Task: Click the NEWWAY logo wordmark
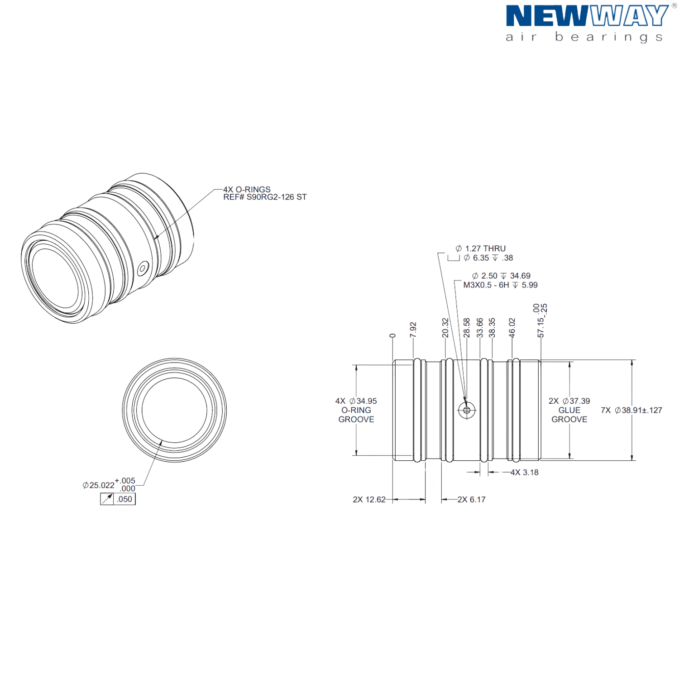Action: pyautogui.click(x=587, y=16)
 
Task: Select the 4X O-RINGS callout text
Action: pyautogui.click(x=247, y=189)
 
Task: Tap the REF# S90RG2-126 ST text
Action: pyautogui.click(x=265, y=197)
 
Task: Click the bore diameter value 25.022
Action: pyautogui.click(x=102, y=485)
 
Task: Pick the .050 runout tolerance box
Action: pyautogui.click(x=118, y=499)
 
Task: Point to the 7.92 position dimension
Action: pyautogui.click(x=413, y=330)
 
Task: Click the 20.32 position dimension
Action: pyautogui.click(x=445, y=328)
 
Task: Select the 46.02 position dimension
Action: pyautogui.click(x=512, y=328)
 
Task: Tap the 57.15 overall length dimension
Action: pyautogui.click(x=540, y=327)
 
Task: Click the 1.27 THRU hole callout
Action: pyautogui.click(x=480, y=249)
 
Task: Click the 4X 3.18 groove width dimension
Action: pyautogui.click(x=525, y=472)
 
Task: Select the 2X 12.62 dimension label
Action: pyautogui.click(x=369, y=499)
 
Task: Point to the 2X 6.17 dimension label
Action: pyautogui.click(x=471, y=499)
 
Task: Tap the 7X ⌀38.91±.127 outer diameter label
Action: pyautogui.click(x=631, y=410)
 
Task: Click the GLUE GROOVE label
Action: pyautogui.click(x=569, y=415)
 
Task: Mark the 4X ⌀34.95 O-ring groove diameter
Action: pyautogui.click(x=356, y=401)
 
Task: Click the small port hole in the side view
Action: pyautogui.click(x=467, y=410)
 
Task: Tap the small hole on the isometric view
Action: pyautogui.click(x=143, y=268)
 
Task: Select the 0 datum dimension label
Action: pyautogui.click(x=392, y=335)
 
